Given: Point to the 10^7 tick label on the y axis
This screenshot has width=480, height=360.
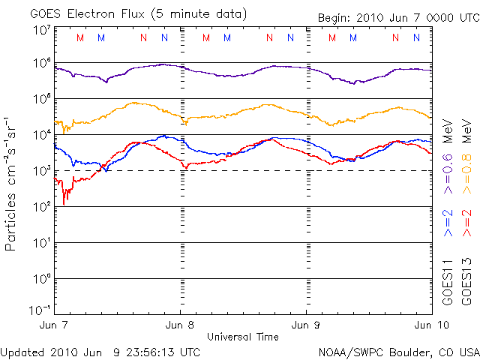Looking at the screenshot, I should tap(41, 29).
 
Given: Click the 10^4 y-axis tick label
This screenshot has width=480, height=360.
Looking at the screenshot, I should tap(41, 135).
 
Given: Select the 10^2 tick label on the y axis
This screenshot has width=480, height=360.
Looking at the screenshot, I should tap(41, 206).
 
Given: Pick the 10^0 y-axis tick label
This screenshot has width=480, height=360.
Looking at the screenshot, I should tap(41, 278).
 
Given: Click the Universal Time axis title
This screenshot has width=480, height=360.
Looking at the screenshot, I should tap(243, 337).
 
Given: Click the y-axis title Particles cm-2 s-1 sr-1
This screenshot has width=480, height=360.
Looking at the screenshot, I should tap(11, 183).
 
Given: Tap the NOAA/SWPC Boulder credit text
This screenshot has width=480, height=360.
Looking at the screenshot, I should tap(397, 352).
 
